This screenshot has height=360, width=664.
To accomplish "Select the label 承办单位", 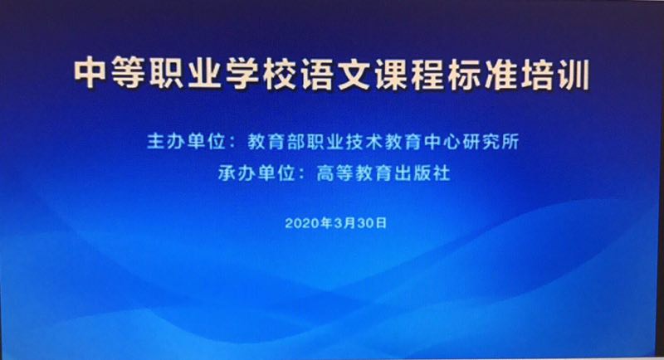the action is [x=257, y=173].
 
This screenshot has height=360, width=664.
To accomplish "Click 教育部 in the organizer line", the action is [x=277, y=142].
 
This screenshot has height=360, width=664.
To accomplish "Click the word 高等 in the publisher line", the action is [x=335, y=173].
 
